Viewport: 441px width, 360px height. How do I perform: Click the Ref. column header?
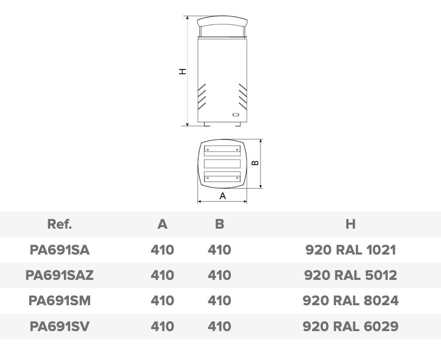[60, 224]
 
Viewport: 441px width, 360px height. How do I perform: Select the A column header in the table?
[163, 224]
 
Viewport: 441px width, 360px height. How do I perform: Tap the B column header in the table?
[219, 224]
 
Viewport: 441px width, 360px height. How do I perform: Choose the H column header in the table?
[350, 224]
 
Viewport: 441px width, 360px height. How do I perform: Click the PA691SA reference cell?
[60, 250]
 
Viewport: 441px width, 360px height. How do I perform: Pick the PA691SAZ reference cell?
[60, 275]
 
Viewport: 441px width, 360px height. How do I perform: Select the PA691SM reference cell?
[60, 301]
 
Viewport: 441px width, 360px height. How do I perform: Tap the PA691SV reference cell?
[60, 326]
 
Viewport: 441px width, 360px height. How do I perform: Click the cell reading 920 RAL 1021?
[350, 250]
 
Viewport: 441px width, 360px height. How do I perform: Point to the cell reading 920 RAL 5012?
[350, 275]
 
